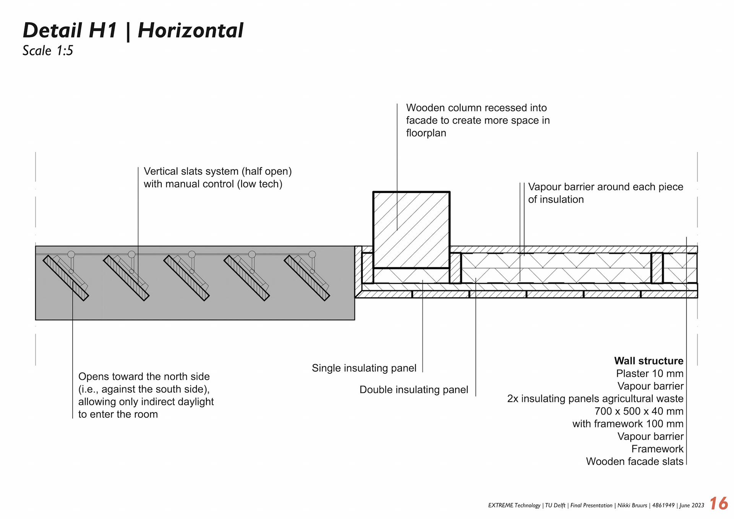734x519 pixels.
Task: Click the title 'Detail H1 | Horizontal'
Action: tap(133, 31)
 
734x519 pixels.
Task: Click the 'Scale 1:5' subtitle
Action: tap(48, 50)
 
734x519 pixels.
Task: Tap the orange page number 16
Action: tap(718, 503)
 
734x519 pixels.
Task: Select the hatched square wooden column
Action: tap(411, 229)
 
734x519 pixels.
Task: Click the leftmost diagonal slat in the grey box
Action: tap(65, 278)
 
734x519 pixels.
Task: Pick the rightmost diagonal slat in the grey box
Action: tap(307, 278)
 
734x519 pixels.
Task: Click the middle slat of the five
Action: tap(186, 278)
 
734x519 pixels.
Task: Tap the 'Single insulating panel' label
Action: tap(364, 368)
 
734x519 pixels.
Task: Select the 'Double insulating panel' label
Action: tap(414, 390)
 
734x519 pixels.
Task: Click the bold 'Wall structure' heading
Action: tap(648, 361)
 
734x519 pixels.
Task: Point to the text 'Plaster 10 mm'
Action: tap(650, 373)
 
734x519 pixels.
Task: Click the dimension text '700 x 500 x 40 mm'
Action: tap(639, 411)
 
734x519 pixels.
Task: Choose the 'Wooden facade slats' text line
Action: tap(634, 461)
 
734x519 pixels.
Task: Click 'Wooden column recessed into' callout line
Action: tap(476, 108)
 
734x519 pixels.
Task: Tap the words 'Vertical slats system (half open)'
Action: tap(218, 171)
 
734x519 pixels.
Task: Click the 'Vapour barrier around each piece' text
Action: tap(605, 187)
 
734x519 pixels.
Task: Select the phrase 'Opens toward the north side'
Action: tap(144, 376)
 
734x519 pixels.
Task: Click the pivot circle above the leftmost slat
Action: tap(71, 254)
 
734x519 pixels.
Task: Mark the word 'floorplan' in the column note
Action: tap(426, 133)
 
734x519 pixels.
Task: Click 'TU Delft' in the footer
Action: tap(555, 505)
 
